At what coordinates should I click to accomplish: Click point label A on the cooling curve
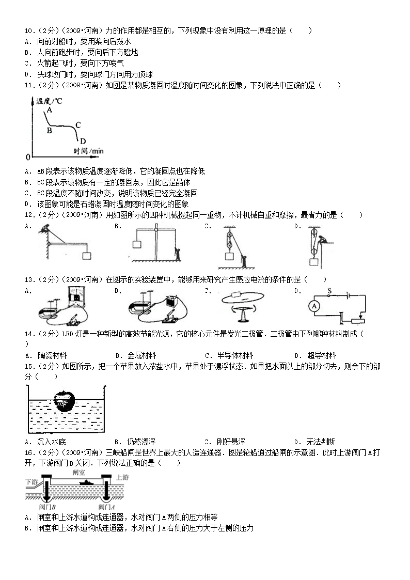pyautogui.click(x=50, y=110)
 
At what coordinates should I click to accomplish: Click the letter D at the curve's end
pyautogui.click(x=83, y=141)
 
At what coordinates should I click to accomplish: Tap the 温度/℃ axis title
pyautogui.click(x=49, y=101)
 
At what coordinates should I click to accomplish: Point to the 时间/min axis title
pyautogui.click(x=88, y=151)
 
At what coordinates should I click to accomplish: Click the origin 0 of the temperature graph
pyautogui.click(x=28, y=157)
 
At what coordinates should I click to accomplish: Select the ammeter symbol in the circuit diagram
pyautogui.click(x=314, y=306)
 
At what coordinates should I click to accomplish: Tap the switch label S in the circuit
pyautogui.click(x=329, y=291)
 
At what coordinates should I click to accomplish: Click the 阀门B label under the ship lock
pyautogui.click(x=47, y=507)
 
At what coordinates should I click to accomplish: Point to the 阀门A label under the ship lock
pyautogui.click(x=106, y=507)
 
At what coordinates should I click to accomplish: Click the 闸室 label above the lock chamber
pyautogui.click(x=78, y=473)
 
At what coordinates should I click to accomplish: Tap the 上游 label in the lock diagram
pyautogui.click(x=122, y=478)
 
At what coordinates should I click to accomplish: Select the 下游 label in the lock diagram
pyautogui.click(x=31, y=482)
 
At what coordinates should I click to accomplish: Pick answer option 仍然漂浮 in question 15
pyautogui.click(x=141, y=442)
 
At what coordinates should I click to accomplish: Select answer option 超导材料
pyautogui.click(x=322, y=356)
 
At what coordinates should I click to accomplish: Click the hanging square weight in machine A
pyautogui.click(x=87, y=256)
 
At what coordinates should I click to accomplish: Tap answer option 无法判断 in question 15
pyautogui.click(x=321, y=442)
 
